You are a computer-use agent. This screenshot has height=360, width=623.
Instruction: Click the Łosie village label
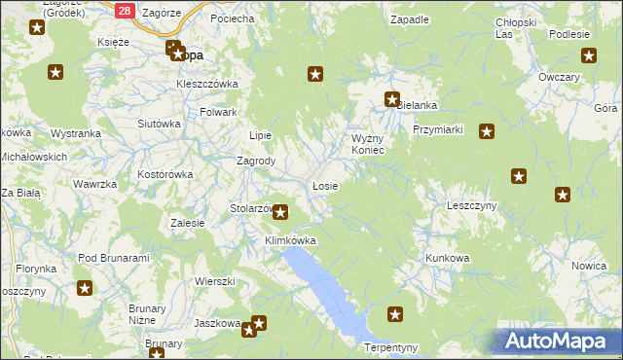(x=325, y=186)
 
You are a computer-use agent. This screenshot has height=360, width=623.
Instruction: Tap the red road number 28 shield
(x=125, y=10)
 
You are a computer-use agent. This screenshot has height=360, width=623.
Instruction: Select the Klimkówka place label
(x=291, y=239)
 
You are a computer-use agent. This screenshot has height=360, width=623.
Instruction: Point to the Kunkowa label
(x=447, y=258)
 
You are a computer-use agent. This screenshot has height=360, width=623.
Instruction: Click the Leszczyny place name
(x=471, y=205)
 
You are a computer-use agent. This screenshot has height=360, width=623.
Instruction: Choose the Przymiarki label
(x=436, y=129)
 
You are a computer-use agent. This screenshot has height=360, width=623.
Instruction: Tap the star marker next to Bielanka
(x=391, y=99)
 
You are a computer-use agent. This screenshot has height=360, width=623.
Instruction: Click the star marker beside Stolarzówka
(x=280, y=211)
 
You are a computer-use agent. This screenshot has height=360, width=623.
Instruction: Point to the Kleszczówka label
(x=207, y=84)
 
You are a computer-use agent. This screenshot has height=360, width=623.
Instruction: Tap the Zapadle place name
(x=409, y=19)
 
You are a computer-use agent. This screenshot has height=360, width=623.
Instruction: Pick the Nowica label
(x=590, y=266)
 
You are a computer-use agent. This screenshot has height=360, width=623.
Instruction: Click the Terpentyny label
(x=390, y=347)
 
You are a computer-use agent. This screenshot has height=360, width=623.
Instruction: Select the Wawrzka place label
(x=95, y=184)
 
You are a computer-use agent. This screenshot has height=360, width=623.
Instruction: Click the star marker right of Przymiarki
(x=487, y=132)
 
